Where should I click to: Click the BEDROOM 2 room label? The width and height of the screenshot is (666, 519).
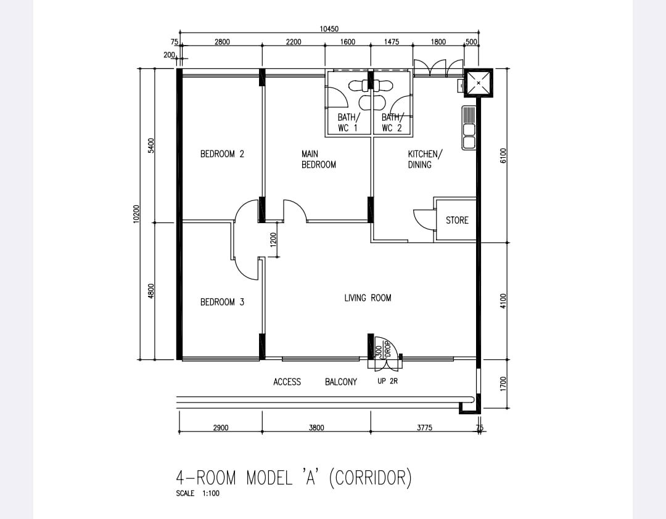tap(222, 153)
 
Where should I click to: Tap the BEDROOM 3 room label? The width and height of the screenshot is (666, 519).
tap(222, 302)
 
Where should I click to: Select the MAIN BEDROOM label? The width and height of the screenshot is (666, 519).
tap(319, 159)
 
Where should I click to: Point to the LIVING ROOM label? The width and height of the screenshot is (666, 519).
tap(368, 298)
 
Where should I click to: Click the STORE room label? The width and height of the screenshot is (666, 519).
tap(457, 220)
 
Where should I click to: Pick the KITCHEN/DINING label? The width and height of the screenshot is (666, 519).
tap(425, 159)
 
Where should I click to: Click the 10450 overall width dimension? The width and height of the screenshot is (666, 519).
tap(329, 29)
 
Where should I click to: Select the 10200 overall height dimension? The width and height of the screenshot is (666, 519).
tap(136, 214)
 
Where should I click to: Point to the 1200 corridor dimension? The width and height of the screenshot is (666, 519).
tap(273, 240)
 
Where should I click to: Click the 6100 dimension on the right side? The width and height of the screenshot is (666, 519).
tap(503, 155)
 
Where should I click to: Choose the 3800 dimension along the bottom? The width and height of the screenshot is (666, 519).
tap(316, 427)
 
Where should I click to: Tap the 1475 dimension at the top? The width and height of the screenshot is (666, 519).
tap(391, 42)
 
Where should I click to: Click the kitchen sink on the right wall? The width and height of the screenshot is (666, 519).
tap(469, 128)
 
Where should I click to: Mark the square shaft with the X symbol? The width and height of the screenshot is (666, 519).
tap(479, 83)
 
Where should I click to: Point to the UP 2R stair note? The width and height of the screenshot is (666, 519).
tap(387, 381)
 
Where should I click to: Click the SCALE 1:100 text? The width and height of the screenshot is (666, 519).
tap(197, 493)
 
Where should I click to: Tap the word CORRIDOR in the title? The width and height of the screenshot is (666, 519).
tap(371, 477)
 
